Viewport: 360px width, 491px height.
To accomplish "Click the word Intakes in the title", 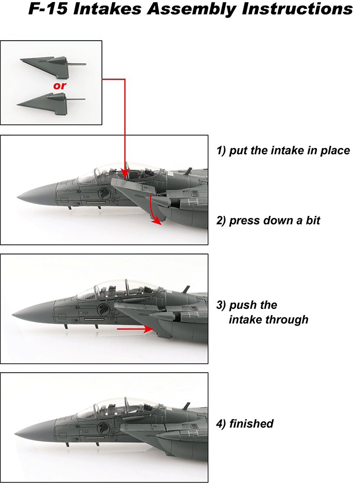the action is pyautogui.click(x=107, y=9).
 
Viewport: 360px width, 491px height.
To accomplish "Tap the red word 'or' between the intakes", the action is pyautogui.click(x=60, y=85).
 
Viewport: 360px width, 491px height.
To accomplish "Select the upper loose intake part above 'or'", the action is pyautogui.click(x=52, y=67).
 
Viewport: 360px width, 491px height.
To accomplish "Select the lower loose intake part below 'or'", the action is pyautogui.click(x=51, y=104).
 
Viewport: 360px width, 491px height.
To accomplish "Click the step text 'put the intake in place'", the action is pyautogui.click(x=290, y=151).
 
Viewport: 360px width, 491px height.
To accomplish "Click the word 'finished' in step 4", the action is pyautogui.click(x=251, y=424).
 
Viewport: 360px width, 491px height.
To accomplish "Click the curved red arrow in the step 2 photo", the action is pyautogui.click(x=152, y=210).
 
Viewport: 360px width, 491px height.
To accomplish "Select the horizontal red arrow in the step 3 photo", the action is pyautogui.click(x=135, y=329).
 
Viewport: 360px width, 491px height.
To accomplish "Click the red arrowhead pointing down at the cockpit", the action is pyautogui.click(x=125, y=174).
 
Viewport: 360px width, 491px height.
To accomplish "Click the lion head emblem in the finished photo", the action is pyautogui.click(x=103, y=427).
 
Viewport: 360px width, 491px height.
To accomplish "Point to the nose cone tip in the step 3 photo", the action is pyautogui.click(x=12, y=314).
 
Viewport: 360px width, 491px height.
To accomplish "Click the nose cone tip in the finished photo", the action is pyautogui.click(x=15, y=434).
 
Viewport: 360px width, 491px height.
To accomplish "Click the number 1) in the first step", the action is pyautogui.click(x=221, y=151).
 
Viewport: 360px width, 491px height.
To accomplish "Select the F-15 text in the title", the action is pyautogui.click(x=48, y=9).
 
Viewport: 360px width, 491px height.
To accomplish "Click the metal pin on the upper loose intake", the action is pyautogui.click(x=77, y=64).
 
